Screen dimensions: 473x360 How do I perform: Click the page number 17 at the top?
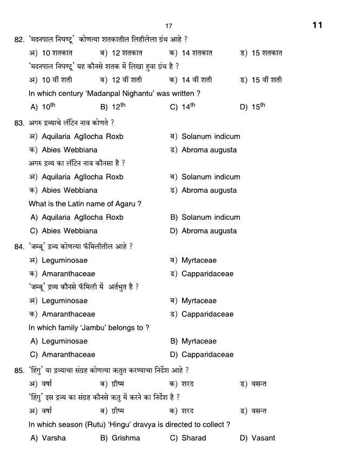(169, 26)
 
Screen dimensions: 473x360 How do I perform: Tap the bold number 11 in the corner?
(318, 25)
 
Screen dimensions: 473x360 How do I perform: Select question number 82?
(19, 40)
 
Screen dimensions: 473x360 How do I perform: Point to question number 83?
(19, 123)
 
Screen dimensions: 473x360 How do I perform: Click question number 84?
(19, 247)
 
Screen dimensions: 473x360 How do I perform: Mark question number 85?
(19, 371)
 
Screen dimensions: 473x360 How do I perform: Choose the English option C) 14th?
(182, 107)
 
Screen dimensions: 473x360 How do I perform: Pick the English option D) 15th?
(252, 107)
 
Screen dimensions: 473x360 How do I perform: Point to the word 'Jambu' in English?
(95, 328)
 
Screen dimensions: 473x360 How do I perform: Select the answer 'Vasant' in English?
(264, 438)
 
